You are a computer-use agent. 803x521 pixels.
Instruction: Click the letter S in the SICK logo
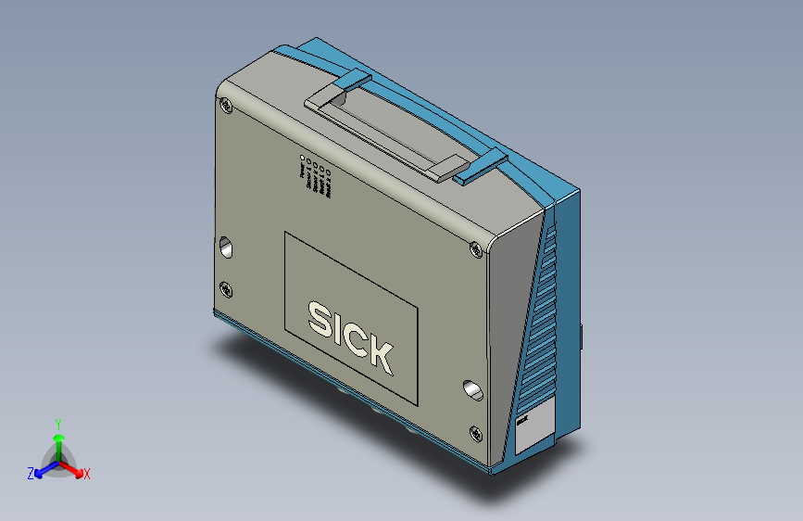coord(320,320)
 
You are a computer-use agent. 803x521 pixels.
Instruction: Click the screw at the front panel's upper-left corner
coord(227,107)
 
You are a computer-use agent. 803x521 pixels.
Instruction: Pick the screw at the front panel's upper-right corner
coord(476,248)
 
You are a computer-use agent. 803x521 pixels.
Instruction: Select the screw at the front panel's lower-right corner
coord(476,431)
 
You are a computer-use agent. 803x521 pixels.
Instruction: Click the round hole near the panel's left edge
coord(226,248)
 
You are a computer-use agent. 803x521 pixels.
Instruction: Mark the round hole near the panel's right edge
coord(473,389)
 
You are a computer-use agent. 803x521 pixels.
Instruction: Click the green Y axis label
coord(57,423)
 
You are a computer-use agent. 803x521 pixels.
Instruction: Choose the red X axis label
coord(86,474)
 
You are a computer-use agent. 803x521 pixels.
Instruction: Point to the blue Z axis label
coord(31,473)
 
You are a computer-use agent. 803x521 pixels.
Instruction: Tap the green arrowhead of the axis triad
coord(57,438)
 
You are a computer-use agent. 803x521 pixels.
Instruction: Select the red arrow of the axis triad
coord(75,468)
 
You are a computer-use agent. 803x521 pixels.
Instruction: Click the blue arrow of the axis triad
coord(43,468)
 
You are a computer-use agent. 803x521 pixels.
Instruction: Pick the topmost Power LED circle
coord(303,159)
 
